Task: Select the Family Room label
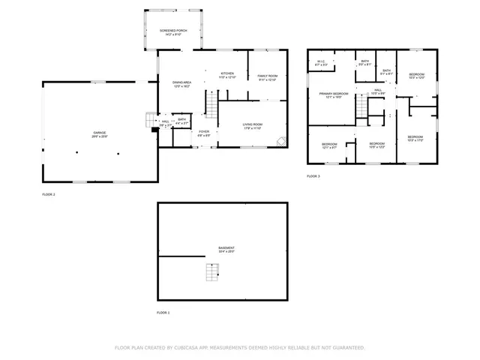click(x=268, y=77)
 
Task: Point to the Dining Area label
click(x=182, y=84)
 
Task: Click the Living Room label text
click(x=252, y=126)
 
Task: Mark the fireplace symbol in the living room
click(x=280, y=140)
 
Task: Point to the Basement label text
click(x=226, y=250)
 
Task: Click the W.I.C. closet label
click(x=321, y=64)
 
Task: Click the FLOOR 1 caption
click(x=163, y=312)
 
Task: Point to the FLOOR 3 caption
click(x=313, y=176)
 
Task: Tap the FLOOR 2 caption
click(x=49, y=194)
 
